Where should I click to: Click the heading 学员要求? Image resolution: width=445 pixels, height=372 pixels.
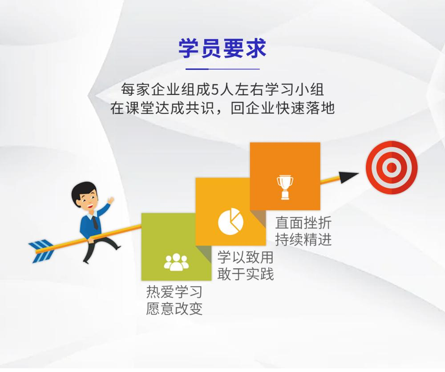tap(222, 48)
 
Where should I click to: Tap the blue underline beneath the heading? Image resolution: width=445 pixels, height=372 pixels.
tap(222, 69)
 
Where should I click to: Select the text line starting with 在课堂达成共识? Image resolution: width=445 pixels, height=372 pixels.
tap(222, 108)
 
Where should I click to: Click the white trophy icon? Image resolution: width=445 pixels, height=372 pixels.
tap(285, 188)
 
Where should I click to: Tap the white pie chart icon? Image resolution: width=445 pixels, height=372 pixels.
tap(231, 221)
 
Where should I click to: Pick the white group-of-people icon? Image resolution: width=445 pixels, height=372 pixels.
tap(176, 262)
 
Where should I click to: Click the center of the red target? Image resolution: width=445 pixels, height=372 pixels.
tap(391, 167)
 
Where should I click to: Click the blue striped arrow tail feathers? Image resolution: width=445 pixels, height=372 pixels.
tap(41, 251)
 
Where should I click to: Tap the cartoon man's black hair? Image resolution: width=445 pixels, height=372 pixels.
tap(83, 191)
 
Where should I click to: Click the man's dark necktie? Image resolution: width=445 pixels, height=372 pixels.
tap(95, 222)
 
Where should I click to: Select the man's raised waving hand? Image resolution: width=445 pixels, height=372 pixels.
tap(110, 200)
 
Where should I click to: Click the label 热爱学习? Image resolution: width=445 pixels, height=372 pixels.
tap(174, 292)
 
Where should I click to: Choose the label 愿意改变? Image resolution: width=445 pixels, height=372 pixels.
tap(174, 309)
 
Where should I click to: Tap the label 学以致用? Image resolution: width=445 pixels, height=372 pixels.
tap(245, 257)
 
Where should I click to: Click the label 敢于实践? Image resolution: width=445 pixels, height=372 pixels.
tap(245, 274)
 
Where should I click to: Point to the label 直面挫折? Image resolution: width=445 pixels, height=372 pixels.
tap(303, 223)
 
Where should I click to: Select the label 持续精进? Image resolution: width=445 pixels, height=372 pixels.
tap(303, 239)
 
